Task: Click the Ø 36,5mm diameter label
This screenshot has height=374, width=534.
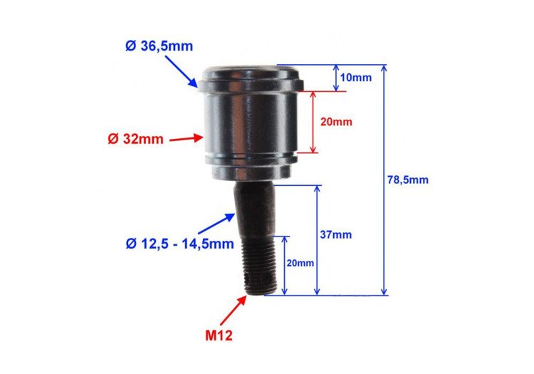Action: pos(159,46)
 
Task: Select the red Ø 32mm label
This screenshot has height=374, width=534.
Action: pos(135,139)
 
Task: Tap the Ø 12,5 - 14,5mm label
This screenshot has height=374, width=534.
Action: pos(180,244)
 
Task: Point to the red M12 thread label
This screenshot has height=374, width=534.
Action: pos(219,336)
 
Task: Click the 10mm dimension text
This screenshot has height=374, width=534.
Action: pos(356,78)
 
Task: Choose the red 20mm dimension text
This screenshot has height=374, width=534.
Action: pos(336,122)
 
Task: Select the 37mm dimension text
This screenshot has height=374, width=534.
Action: pos(336,234)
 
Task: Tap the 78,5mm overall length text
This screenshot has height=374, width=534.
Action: pos(408,180)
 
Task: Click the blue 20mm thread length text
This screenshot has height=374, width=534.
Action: pos(300,263)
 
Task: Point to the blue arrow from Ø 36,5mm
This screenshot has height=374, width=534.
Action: pos(181,71)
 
